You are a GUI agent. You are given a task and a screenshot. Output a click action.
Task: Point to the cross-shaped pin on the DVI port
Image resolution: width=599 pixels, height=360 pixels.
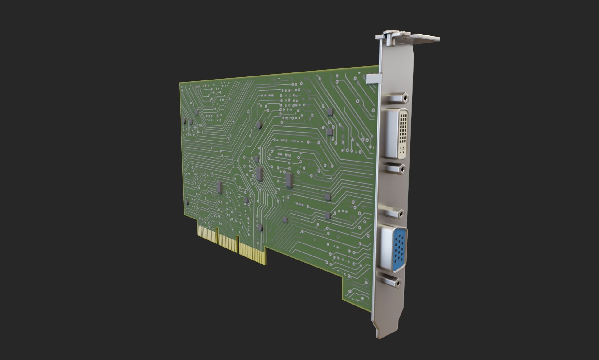(x=401, y=151)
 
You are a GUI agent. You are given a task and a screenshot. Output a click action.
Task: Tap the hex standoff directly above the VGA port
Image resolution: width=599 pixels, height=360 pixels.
(x=394, y=213)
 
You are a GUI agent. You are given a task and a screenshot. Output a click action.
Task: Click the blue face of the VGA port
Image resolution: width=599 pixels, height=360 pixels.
(x=400, y=250)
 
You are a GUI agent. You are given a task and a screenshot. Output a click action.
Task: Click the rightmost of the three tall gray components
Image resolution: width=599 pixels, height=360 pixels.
(x=289, y=180)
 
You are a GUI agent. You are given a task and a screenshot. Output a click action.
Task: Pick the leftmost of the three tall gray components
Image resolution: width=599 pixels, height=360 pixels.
(x=219, y=187)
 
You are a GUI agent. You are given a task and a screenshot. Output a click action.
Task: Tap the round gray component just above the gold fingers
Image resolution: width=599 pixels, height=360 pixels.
(x=260, y=227)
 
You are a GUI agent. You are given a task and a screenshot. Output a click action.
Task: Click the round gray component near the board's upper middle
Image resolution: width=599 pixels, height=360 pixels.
(x=259, y=125)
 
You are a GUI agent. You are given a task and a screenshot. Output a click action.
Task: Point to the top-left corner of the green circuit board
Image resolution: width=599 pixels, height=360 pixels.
(x=181, y=83)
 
